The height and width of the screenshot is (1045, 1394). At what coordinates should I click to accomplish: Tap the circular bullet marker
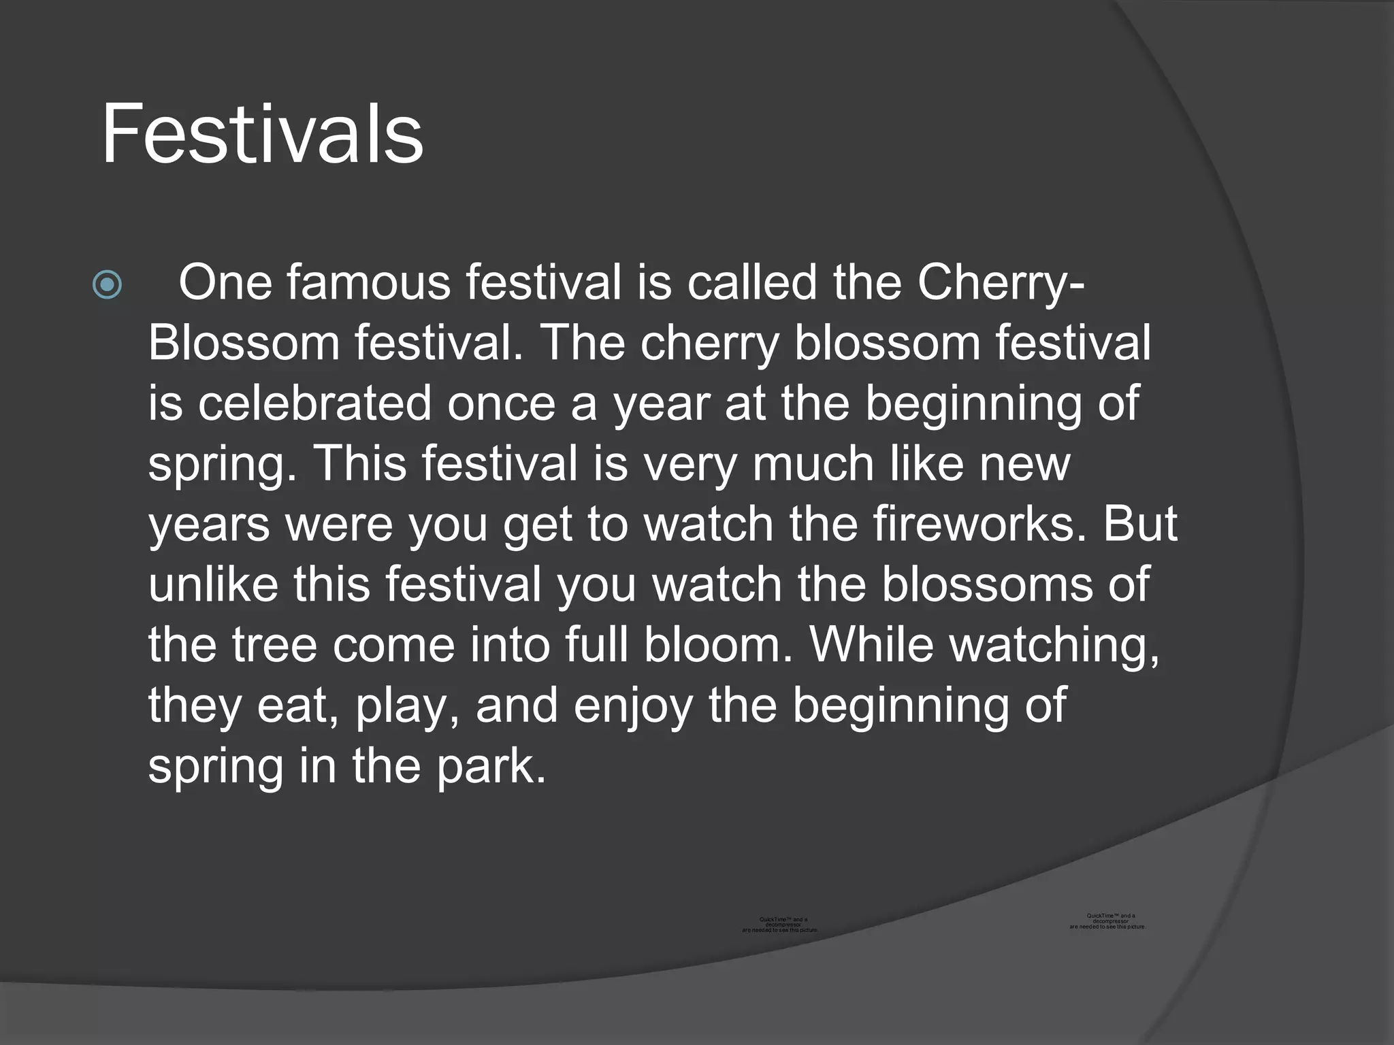(x=108, y=285)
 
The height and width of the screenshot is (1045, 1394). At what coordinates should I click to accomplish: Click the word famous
(x=368, y=282)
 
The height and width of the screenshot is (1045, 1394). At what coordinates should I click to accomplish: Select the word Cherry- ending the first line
(x=1001, y=282)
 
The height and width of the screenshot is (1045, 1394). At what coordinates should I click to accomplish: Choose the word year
(x=662, y=404)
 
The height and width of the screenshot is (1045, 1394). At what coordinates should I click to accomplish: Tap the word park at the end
(x=491, y=767)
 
